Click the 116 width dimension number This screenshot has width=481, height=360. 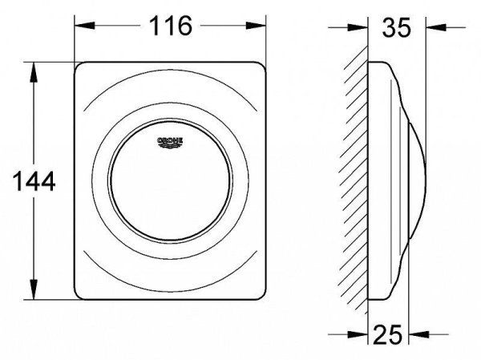click(x=171, y=26)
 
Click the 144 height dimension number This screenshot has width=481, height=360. click(x=34, y=182)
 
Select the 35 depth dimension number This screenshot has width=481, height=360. click(x=396, y=27)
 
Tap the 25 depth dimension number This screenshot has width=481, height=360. click(x=388, y=334)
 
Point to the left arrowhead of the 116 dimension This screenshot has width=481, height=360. click(x=85, y=26)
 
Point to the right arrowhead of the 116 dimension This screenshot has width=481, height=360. click(x=256, y=26)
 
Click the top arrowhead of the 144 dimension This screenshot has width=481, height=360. click(x=34, y=72)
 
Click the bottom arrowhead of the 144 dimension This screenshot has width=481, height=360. click(x=34, y=289)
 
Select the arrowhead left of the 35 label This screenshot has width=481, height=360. click(x=358, y=27)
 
